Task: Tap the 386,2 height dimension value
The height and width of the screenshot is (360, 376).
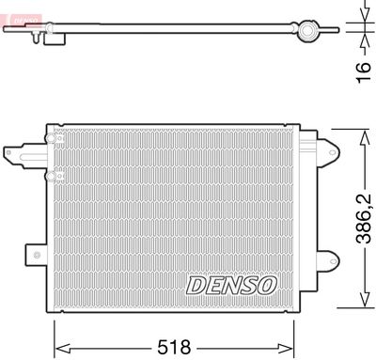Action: coord(365,216)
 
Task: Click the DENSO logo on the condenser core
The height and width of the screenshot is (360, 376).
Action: coord(231,283)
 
